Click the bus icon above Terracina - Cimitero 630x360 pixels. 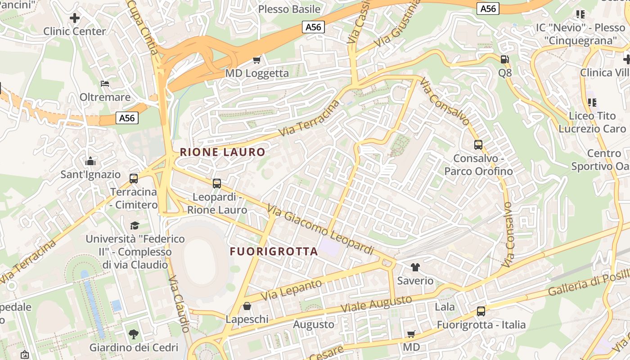click(x=134, y=178)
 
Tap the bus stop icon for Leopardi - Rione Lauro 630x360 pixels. click(x=217, y=183)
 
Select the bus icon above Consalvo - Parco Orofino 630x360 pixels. click(x=478, y=145)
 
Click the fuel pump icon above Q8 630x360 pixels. click(x=505, y=59)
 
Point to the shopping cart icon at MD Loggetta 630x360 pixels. click(x=256, y=59)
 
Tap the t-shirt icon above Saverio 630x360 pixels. click(x=415, y=267)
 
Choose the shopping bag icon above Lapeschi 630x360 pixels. click(x=247, y=306)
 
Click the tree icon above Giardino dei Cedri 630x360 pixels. click(x=134, y=334)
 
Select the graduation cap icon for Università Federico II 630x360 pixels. click(x=135, y=225)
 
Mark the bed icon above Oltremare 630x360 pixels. click(x=105, y=84)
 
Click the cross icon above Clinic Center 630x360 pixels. click(x=75, y=18)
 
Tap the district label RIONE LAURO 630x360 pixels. click(x=222, y=152)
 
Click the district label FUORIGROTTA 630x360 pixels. click(x=274, y=252)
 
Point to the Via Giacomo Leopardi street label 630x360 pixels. click(x=320, y=229)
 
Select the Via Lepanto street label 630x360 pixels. click(x=292, y=290)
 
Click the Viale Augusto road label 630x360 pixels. click(x=376, y=304)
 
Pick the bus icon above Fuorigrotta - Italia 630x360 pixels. click(x=481, y=311)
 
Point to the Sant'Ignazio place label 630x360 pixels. click(x=90, y=174)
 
